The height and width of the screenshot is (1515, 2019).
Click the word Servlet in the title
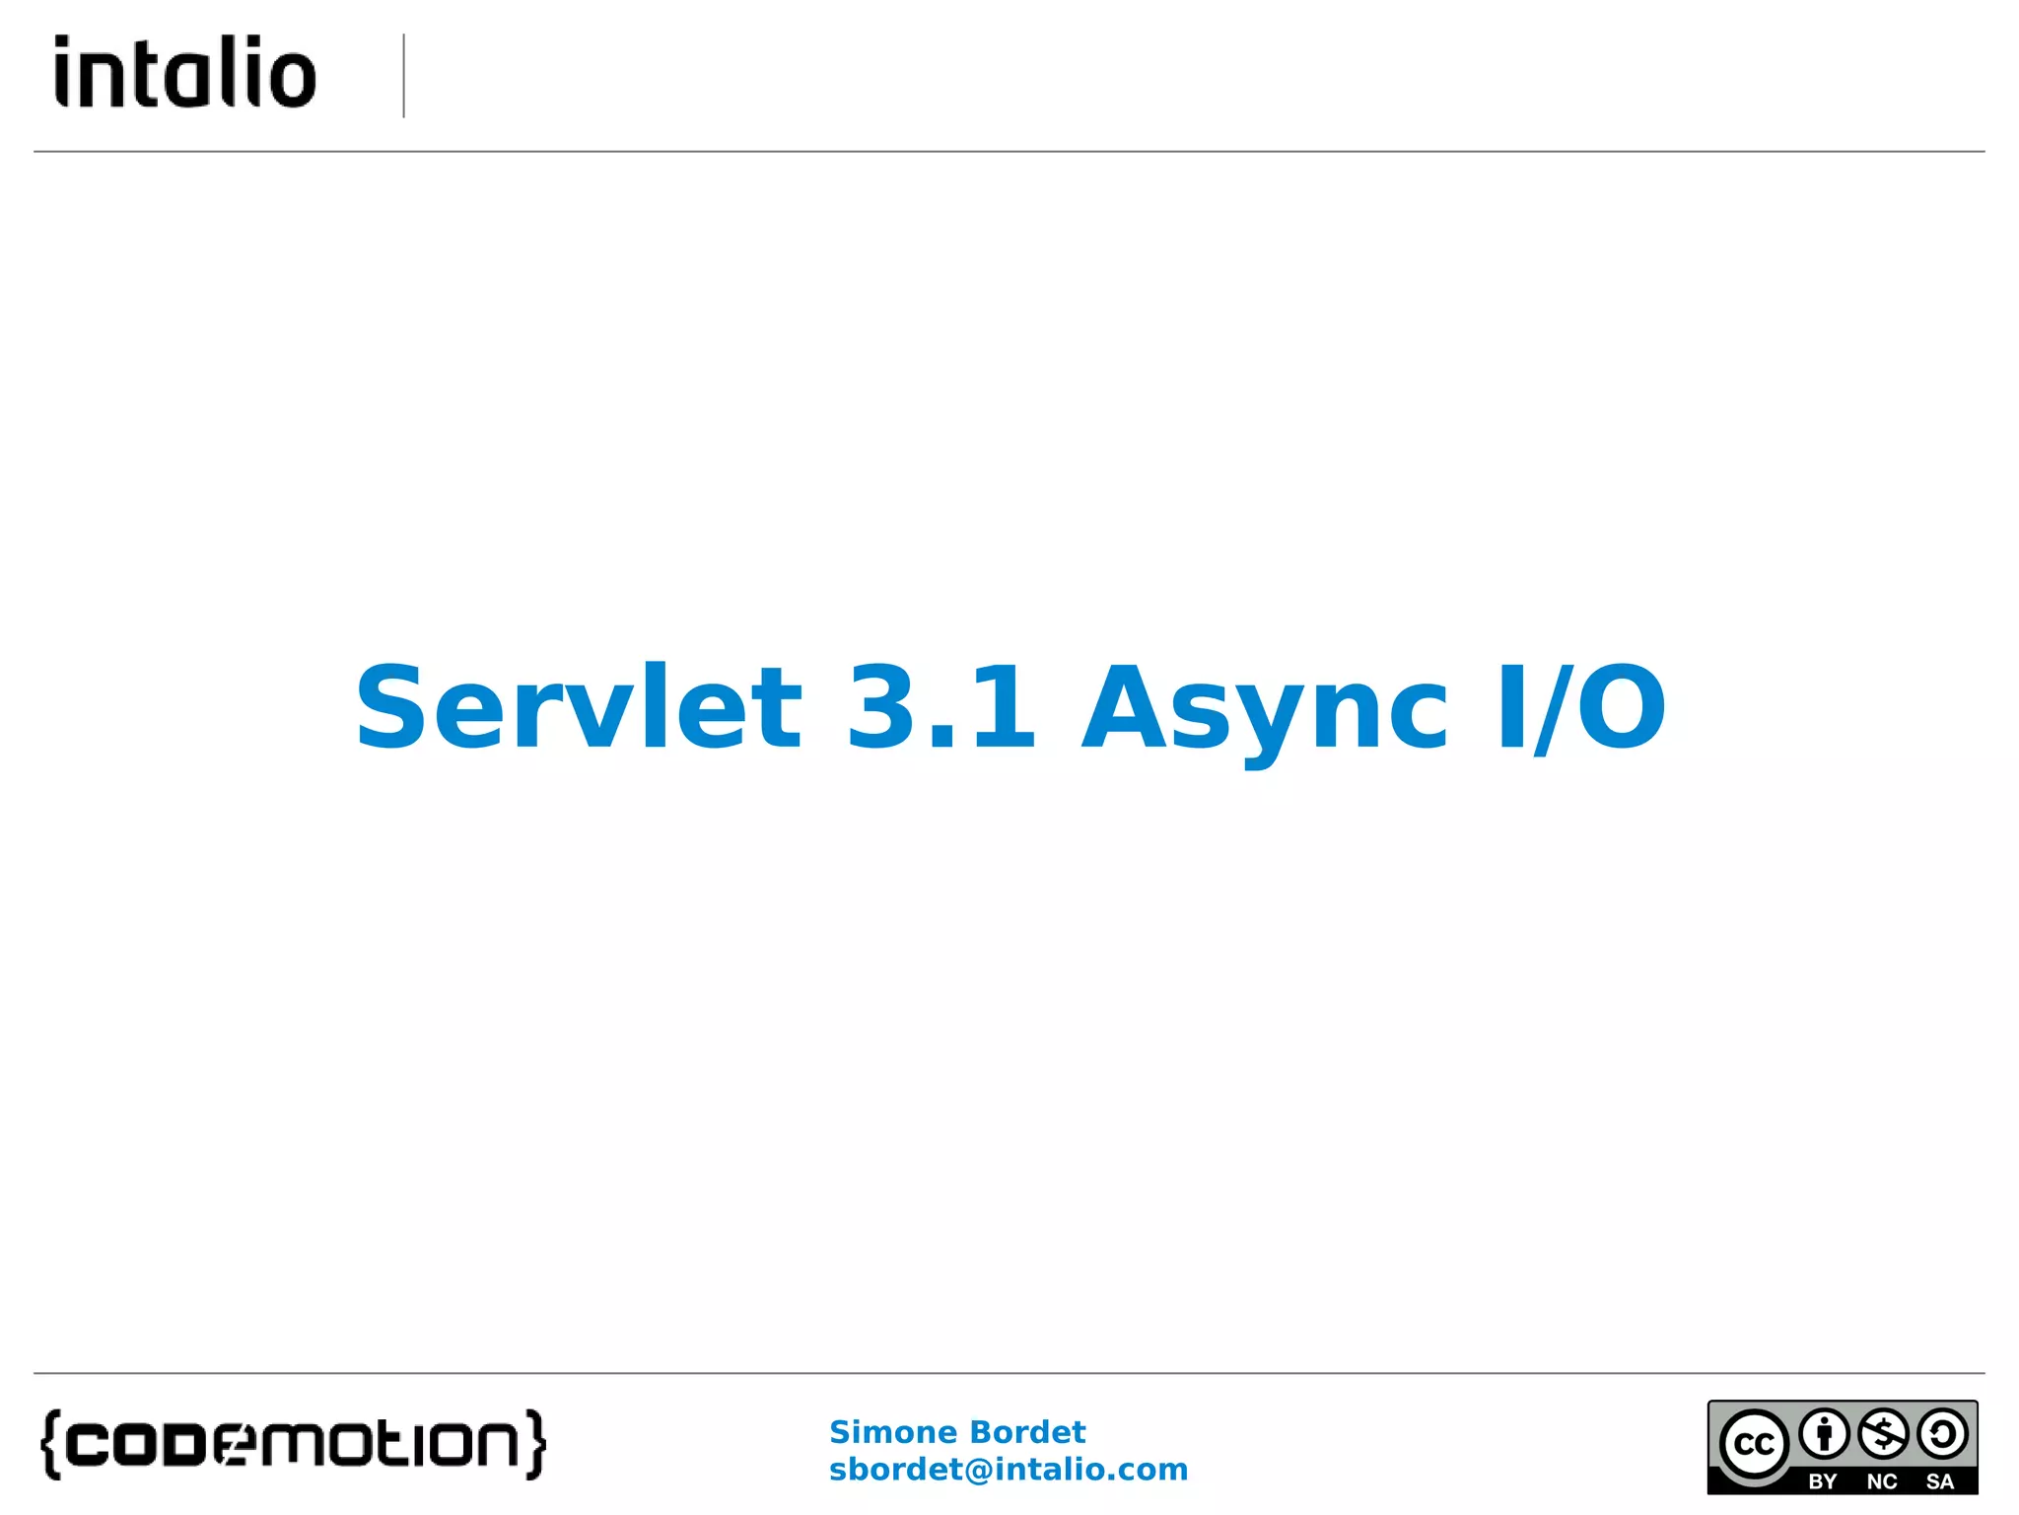coord(579,707)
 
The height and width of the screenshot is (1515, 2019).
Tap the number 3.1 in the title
coord(941,707)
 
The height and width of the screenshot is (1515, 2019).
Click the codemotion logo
coord(293,1444)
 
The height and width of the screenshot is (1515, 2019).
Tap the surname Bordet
coord(1027,1432)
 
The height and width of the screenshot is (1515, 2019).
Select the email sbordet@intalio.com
coord(1009,1470)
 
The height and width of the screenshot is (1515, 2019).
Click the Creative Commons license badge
coord(1843,1447)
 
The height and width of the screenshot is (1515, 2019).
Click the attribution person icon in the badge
coord(1824,1434)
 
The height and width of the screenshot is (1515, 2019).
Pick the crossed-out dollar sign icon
coord(1883,1434)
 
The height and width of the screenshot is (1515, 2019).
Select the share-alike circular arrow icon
coord(1942,1434)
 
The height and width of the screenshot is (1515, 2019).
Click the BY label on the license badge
coord(1823,1481)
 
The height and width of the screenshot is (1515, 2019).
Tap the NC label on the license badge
coord(1882,1481)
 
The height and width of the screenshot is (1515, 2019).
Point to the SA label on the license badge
coord(1940,1481)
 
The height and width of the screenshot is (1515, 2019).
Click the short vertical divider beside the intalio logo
coord(404,76)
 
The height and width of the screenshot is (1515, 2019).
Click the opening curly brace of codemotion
coord(51,1445)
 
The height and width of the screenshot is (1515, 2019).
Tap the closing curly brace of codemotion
coord(535,1445)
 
